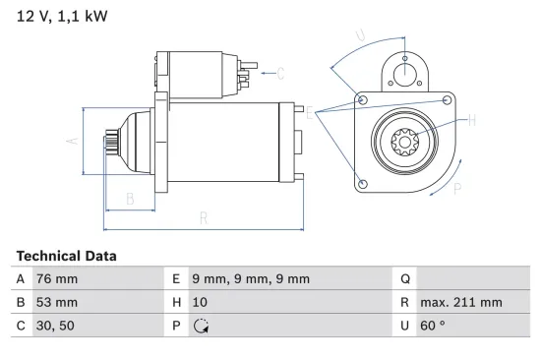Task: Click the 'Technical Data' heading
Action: (x=66, y=256)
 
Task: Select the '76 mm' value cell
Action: (x=57, y=279)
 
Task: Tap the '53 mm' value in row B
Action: (x=57, y=302)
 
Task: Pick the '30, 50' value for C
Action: (x=55, y=325)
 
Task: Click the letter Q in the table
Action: (x=402, y=279)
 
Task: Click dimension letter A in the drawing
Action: (x=71, y=141)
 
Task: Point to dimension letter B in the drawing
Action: (x=130, y=199)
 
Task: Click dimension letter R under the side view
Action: (x=204, y=217)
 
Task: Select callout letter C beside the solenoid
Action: (x=280, y=73)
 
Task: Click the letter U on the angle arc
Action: (x=360, y=36)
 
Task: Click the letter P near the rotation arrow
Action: (x=457, y=190)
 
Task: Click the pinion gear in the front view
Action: (x=404, y=143)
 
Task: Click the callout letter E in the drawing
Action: (x=310, y=114)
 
